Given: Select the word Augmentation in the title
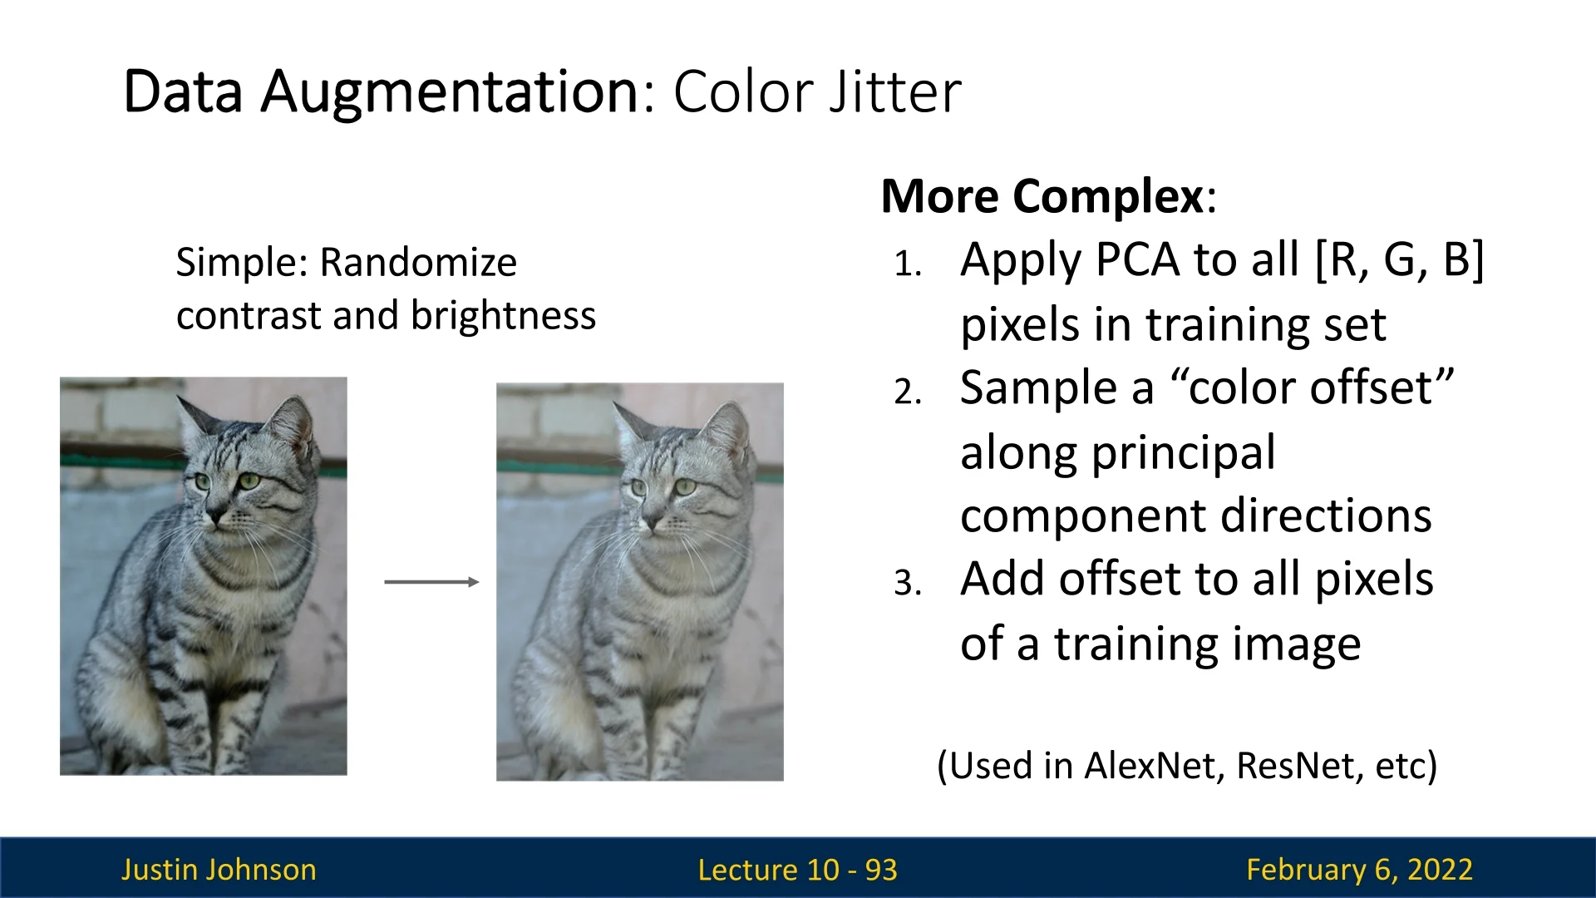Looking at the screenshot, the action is (451, 93).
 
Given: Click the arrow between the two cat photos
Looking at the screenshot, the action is (431, 582).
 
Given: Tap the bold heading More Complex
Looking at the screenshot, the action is (1042, 197).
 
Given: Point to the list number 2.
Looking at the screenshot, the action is (908, 392).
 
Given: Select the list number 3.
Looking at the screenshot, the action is (908, 583).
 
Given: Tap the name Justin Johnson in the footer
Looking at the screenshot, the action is (219, 870).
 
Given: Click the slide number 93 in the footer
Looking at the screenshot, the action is (881, 870).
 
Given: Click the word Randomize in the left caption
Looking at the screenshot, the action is (418, 263).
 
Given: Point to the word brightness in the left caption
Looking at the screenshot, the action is (503, 316).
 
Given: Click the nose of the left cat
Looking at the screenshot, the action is (215, 515).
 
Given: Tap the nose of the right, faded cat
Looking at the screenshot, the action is (652, 522).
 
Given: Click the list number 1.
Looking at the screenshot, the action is (908, 265).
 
